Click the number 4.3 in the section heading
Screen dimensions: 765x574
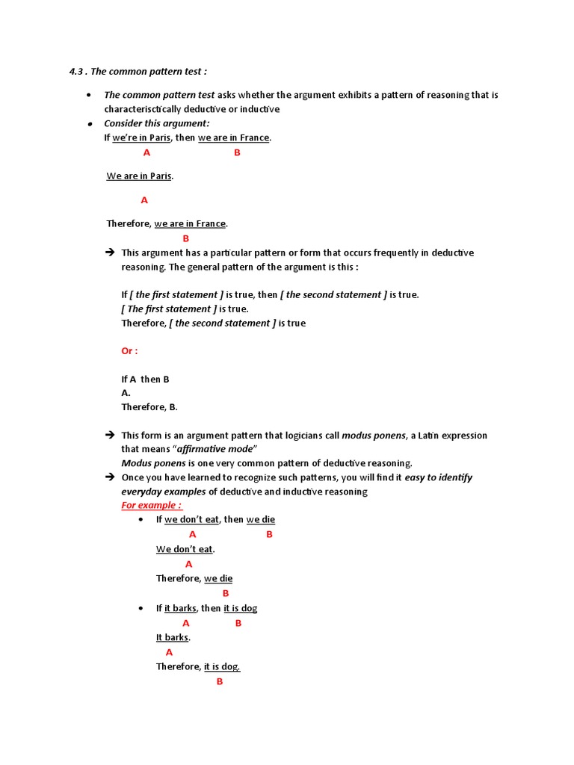[x=77, y=72]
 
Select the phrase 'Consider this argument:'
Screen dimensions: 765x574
[x=156, y=123]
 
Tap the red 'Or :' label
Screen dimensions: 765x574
[x=129, y=351]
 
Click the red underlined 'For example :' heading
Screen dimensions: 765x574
[x=152, y=506]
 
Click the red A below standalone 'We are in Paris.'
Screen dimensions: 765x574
[x=144, y=200]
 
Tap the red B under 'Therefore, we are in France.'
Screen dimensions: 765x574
[x=186, y=239]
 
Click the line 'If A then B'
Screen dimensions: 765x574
[x=145, y=380]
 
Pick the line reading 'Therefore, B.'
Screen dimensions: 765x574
[x=149, y=407]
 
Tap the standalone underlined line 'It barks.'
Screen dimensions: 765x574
[x=173, y=637]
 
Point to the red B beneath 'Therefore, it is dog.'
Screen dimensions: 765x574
[x=220, y=681]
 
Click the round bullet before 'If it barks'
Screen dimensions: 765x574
[x=141, y=609]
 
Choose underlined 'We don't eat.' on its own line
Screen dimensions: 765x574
[x=185, y=549]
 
